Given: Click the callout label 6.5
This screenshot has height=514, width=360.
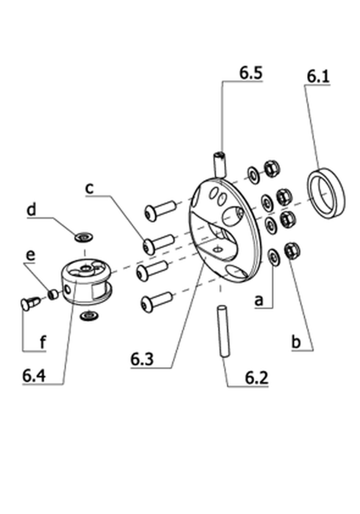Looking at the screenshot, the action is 251,73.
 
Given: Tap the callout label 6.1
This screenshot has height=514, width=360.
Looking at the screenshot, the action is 318,76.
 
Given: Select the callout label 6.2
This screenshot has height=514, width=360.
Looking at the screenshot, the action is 256,378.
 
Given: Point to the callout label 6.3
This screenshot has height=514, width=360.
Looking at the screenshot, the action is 142,360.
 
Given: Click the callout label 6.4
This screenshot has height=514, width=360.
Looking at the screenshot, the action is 34,375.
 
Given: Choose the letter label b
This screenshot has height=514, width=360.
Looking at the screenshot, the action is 296,342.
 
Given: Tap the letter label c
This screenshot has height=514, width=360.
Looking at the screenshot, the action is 89,189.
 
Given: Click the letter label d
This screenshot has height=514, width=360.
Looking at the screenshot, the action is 31,209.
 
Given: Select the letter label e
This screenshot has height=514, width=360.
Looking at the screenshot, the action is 31,256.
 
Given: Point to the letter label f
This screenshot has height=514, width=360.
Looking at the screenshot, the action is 43,342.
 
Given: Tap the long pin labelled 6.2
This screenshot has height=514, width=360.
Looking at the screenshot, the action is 223,331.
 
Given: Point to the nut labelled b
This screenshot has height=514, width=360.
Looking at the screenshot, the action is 292,251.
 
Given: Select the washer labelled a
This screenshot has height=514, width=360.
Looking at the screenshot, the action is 273,256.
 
